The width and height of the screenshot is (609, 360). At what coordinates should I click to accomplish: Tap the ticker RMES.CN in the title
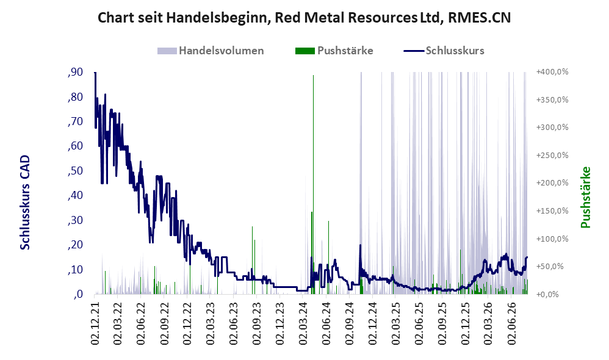479,18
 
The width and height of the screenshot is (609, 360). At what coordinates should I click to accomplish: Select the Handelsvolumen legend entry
211,51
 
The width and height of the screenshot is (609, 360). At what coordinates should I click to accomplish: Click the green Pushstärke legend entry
334,51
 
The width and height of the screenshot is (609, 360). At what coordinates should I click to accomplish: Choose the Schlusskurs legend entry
444,51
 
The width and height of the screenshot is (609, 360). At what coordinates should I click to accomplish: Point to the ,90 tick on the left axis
75,72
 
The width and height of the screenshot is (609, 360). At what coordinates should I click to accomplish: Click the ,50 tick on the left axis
75,171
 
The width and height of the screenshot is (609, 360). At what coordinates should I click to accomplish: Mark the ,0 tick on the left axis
78,294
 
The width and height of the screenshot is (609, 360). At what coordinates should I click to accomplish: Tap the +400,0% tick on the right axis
552,72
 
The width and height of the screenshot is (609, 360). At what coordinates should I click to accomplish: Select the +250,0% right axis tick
552,156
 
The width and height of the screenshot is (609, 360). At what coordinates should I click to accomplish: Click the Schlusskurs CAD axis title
25,203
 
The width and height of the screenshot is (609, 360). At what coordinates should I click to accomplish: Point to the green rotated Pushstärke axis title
585,197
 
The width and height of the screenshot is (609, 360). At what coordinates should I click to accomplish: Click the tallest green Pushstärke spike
313,182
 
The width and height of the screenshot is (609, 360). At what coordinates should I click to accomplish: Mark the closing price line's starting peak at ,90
95,73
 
